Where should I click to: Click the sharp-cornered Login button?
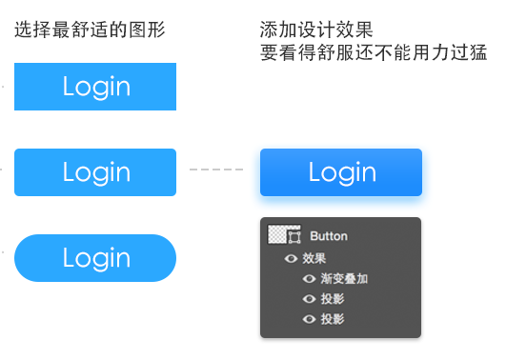point(95,87)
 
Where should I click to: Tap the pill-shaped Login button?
point(95,258)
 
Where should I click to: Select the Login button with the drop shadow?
point(341,172)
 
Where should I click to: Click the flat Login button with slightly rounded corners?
point(95,172)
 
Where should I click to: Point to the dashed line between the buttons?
point(216,170)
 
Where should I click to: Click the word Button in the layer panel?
point(329,236)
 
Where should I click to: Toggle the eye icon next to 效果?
point(292,258)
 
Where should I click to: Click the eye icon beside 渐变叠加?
point(309,279)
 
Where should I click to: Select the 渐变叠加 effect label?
point(344,279)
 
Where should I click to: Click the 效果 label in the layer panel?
point(314,258)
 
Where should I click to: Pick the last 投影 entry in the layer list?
point(333,319)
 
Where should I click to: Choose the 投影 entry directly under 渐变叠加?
point(333,299)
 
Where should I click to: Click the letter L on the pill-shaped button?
point(69,257)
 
